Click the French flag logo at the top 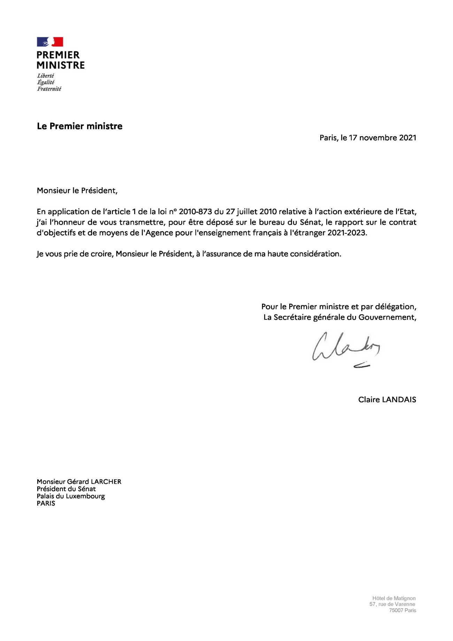[x=50, y=42]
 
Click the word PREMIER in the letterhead [x=58, y=55]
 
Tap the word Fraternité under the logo [x=49, y=89]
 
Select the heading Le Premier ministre [x=79, y=126]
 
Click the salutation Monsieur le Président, [x=77, y=191]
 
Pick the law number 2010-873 [x=195, y=212]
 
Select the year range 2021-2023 [x=347, y=233]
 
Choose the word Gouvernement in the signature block [x=387, y=317]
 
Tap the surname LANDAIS [x=399, y=400]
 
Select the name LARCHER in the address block [x=106, y=482]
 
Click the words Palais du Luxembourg [x=71, y=496]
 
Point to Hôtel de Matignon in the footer [x=394, y=598]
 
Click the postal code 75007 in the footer [x=396, y=610]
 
